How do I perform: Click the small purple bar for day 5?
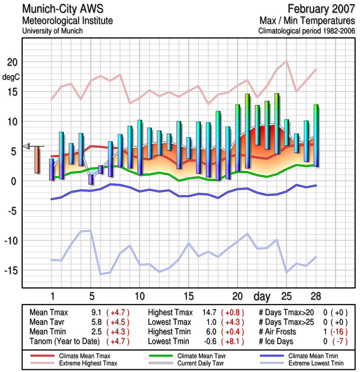[x=91, y=179]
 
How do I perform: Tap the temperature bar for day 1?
[x=52, y=169]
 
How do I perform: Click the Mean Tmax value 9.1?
[x=97, y=312]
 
